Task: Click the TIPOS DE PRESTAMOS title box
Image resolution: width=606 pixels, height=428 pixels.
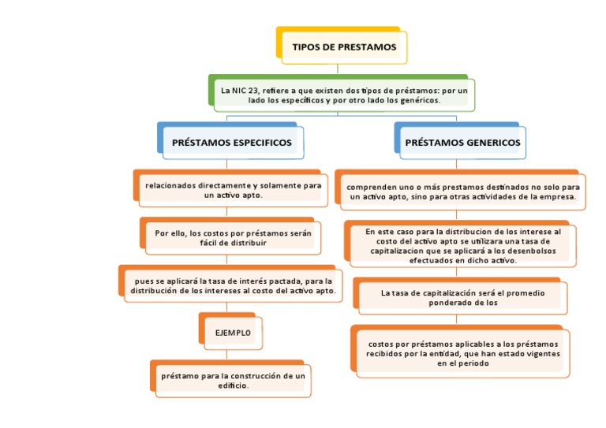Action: pyautogui.click(x=344, y=47)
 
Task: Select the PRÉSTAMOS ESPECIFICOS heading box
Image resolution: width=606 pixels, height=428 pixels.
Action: pyautogui.click(x=232, y=143)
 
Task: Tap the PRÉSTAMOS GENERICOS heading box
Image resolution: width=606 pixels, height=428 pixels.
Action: pyautogui.click(x=462, y=143)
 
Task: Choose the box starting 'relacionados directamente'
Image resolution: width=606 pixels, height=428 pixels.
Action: pyautogui.click(x=233, y=189)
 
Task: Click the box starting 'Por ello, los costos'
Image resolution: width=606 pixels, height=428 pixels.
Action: pyautogui.click(x=233, y=237)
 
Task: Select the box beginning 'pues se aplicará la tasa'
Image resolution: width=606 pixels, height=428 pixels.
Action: pyautogui.click(x=233, y=285)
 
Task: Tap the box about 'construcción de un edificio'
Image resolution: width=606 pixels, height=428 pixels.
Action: pyautogui.click(x=232, y=381)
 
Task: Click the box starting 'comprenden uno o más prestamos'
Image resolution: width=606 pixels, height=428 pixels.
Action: pyautogui.click(x=463, y=192)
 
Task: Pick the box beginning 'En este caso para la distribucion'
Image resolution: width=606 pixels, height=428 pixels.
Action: pyautogui.click(x=463, y=245)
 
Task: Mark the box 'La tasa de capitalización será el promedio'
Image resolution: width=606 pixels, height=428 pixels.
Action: pyautogui.click(x=462, y=297)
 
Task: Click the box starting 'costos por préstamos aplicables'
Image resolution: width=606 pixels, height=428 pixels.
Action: pyautogui.click(x=463, y=354)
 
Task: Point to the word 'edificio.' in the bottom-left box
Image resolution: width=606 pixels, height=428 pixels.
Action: pyautogui.click(x=233, y=386)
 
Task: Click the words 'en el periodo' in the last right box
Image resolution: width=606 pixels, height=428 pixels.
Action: pyautogui.click(x=463, y=365)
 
